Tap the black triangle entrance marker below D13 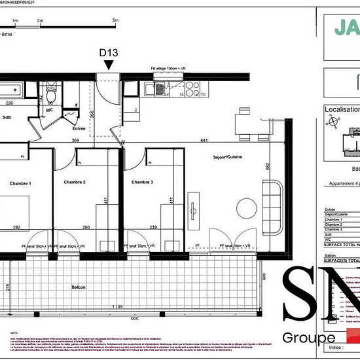[x=108, y=64]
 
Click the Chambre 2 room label [x=75, y=182]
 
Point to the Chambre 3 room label [x=142, y=182]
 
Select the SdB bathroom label [x=7, y=118]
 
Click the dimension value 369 [x=75, y=140]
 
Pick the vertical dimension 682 [x=268, y=167]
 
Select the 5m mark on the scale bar [x=116, y=21]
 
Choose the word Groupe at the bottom [x=304, y=338]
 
